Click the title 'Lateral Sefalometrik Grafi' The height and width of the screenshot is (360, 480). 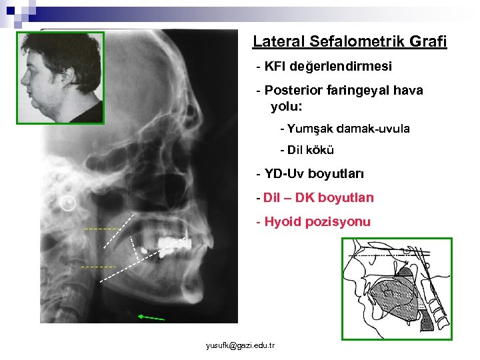pos(349,42)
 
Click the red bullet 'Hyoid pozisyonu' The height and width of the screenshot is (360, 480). pos(313,222)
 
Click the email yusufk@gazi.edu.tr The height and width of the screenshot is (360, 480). pos(240,345)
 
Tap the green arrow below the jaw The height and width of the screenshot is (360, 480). pos(150,317)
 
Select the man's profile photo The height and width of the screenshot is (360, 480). pos(61,77)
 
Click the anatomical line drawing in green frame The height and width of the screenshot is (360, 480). pos(397,289)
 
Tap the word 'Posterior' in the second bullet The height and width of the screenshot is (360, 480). pos(293,91)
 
